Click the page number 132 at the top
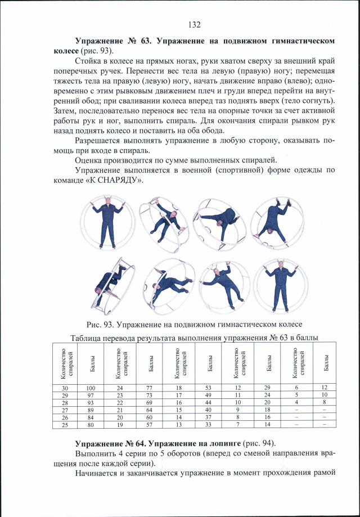coord(195,24)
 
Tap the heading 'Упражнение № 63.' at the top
coord(112,41)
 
